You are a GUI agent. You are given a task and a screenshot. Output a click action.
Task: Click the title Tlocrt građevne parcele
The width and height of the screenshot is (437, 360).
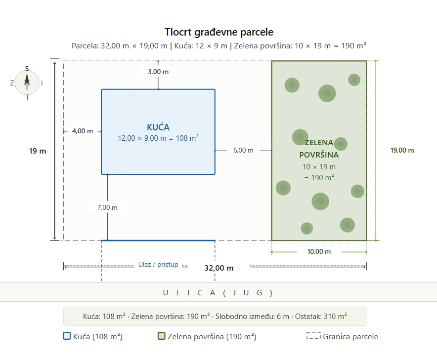click(218, 32)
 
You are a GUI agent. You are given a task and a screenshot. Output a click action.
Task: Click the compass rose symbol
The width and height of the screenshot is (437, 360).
click(27, 82)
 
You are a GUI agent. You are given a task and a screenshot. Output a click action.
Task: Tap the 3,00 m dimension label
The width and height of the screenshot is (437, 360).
click(158, 72)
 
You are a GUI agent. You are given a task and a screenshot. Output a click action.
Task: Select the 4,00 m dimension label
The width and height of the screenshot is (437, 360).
click(82, 131)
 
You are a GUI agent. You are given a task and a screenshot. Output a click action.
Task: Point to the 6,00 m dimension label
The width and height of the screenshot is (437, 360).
click(243, 150)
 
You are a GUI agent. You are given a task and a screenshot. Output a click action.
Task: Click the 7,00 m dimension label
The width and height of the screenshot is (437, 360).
click(107, 207)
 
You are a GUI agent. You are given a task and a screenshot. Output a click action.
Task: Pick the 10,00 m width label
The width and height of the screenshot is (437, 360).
click(319, 251)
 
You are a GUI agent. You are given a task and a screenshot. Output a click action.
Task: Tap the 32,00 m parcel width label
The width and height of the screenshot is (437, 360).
click(218, 268)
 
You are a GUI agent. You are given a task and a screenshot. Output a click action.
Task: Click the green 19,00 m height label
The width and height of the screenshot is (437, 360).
click(402, 150)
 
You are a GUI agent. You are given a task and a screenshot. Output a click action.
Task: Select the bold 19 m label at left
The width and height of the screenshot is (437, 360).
click(38, 151)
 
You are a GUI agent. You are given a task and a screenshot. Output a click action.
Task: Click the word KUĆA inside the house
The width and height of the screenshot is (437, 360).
click(158, 127)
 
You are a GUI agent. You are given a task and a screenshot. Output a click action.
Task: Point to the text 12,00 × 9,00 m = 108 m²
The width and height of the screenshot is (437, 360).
click(158, 138)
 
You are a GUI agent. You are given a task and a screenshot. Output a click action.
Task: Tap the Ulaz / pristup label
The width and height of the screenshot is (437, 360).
click(158, 265)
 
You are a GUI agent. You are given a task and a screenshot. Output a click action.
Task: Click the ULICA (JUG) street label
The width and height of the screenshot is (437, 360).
click(218, 292)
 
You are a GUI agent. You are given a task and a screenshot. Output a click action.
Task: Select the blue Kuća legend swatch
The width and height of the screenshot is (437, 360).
click(67, 336)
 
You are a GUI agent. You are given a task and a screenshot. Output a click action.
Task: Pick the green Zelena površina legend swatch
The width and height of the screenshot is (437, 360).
click(161, 336)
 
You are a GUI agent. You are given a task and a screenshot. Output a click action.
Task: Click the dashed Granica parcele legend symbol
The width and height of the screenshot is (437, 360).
click(313, 336)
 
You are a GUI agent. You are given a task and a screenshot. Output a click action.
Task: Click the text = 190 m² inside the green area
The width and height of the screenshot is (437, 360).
click(319, 177)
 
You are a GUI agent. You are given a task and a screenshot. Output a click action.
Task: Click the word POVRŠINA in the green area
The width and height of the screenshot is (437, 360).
click(319, 154)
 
